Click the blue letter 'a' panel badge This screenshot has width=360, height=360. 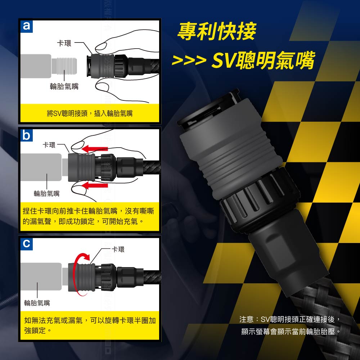27,26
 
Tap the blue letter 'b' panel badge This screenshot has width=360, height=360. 27,135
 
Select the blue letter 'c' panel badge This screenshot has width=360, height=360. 27,244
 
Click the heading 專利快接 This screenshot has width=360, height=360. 217,31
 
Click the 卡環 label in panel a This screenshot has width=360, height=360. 64,43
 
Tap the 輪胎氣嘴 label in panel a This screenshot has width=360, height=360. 64,86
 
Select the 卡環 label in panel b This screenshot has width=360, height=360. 49,145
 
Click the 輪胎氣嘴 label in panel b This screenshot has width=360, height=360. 46,194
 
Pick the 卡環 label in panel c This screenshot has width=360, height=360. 118,249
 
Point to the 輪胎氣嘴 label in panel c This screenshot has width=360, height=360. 37,303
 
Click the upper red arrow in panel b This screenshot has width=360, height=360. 95,149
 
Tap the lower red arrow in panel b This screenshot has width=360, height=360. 95,185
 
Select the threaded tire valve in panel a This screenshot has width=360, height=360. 64,66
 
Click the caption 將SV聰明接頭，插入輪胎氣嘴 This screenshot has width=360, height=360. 90,113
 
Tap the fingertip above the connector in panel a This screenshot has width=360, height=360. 101,47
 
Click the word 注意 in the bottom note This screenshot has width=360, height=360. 246,319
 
